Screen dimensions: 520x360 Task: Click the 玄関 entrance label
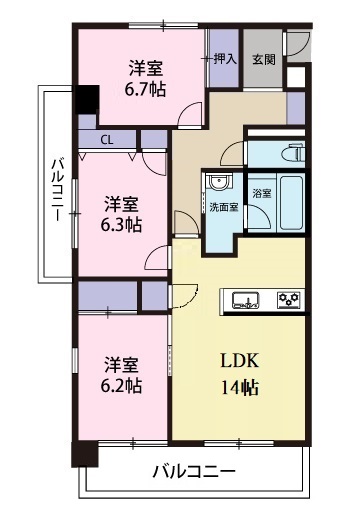[x=263, y=59]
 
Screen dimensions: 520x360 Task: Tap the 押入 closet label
[x=225, y=59]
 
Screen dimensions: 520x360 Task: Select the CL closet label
[x=106, y=140]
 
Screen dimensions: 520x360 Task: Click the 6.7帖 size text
[x=146, y=89]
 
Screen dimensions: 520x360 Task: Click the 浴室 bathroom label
[x=263, y=191]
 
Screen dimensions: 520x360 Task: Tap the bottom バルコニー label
[x=194, y=470]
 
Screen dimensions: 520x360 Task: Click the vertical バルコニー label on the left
[x=58, y=190]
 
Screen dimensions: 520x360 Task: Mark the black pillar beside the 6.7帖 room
[x=89, y=101]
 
